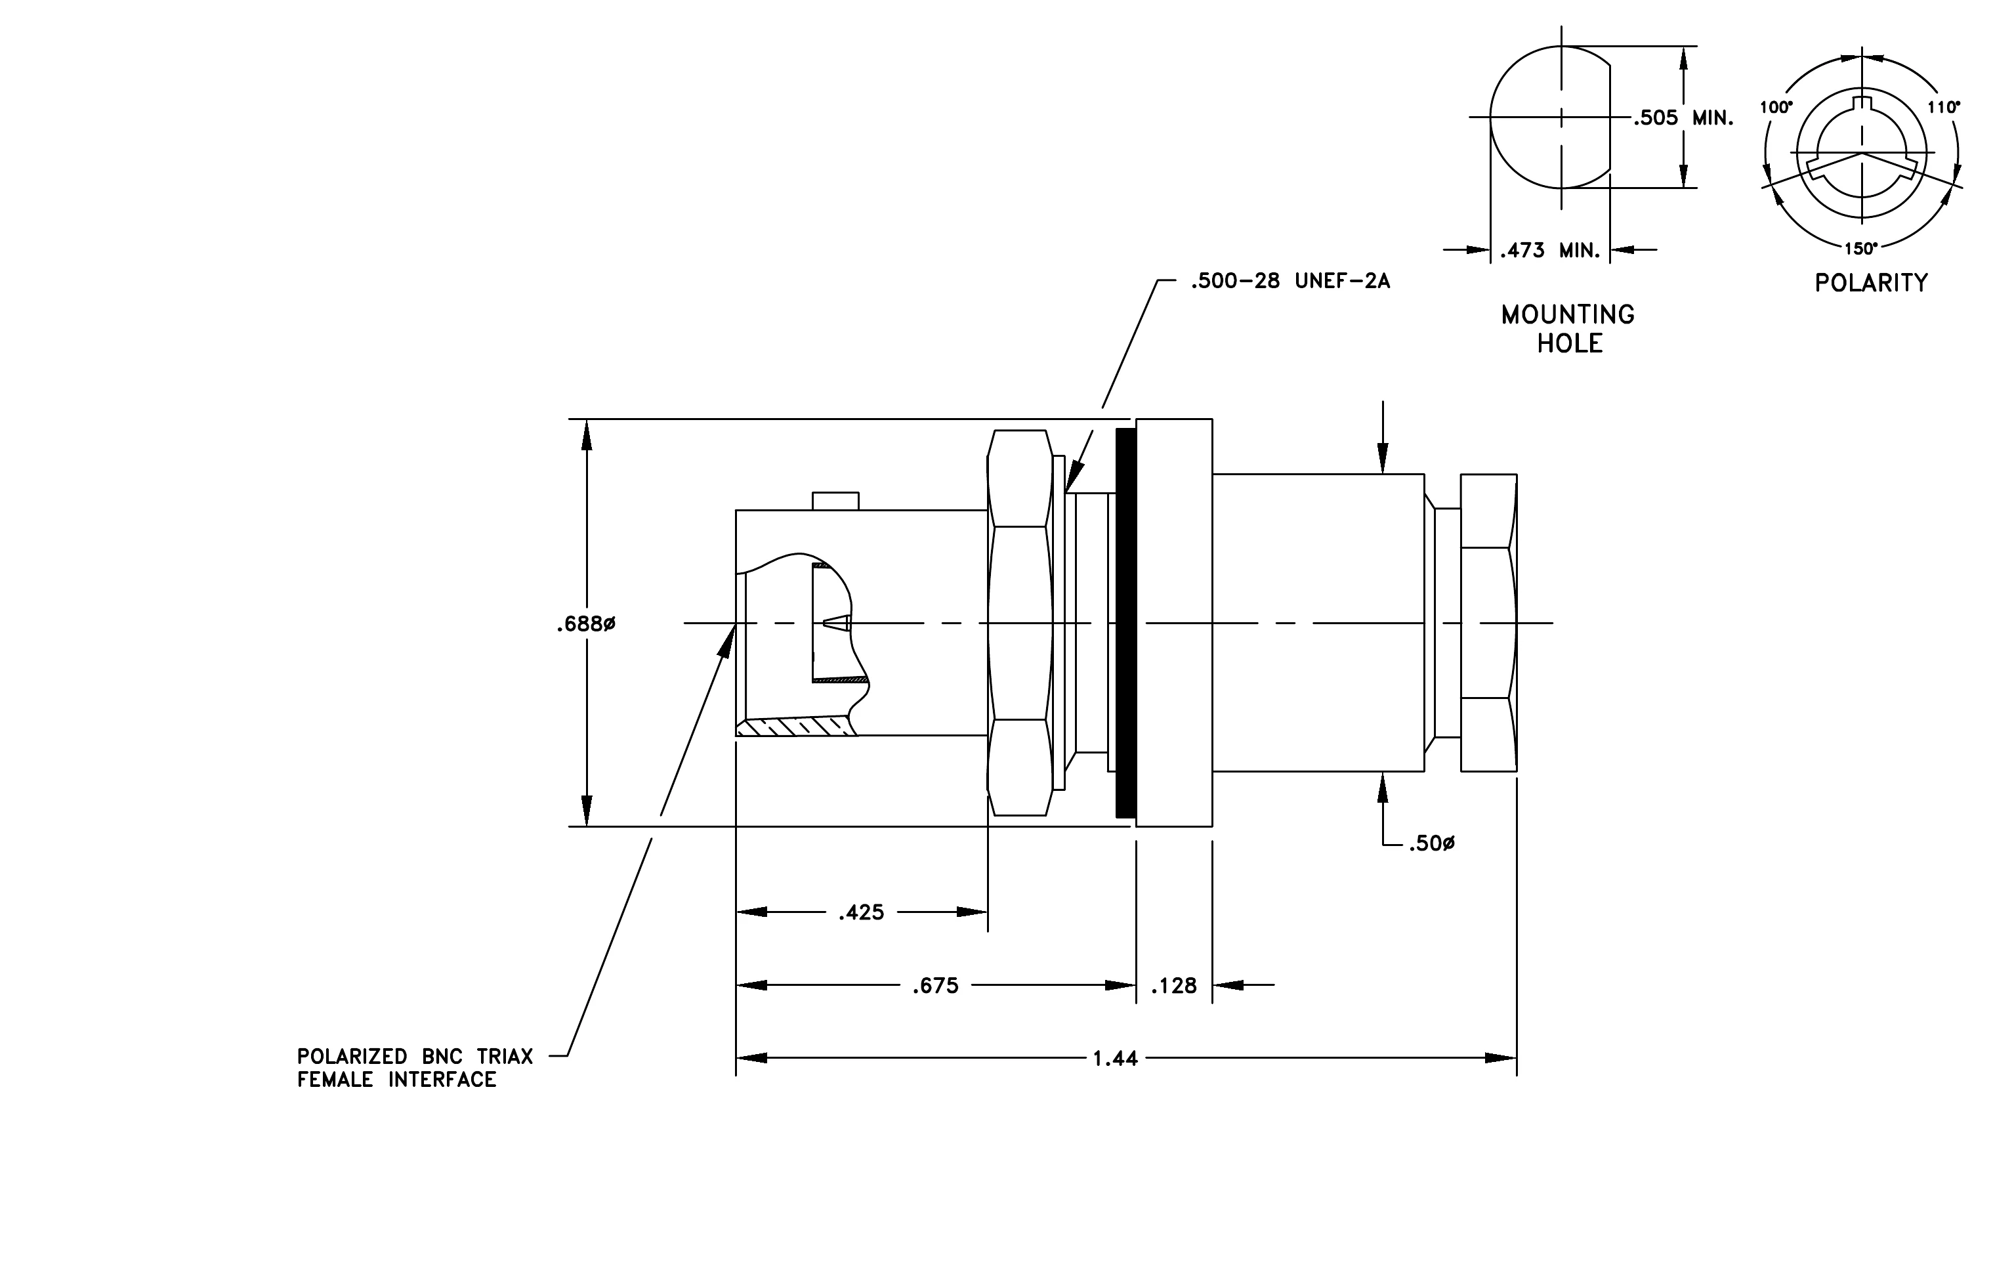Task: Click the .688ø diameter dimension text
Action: (585, 625)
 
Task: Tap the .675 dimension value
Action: (935, 986)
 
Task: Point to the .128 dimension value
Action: (1173, 986)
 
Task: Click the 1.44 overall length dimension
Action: (1115, 1059)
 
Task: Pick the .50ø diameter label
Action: (1432, 845)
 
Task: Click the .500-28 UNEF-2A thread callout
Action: (1291, 282)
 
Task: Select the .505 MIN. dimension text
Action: (1684, 118)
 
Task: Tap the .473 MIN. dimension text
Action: (1550, 250)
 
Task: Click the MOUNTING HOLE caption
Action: (1568, 329)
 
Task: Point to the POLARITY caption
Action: (1871, 283)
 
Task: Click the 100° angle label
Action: (1776, 107)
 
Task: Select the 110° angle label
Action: (1944, 107)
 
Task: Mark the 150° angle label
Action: (1861, 248)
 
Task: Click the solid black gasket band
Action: (1125, 623)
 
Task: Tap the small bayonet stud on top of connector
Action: (835, 501)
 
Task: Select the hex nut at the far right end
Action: (1489, 623)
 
